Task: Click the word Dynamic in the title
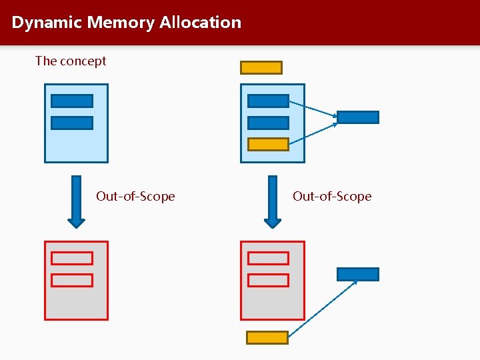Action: click(47, 23)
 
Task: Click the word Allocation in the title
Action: click(200, 23)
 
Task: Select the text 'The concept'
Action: click(71, 61)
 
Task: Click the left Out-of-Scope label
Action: click(135, 196)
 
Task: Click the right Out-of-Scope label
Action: click(332, 196)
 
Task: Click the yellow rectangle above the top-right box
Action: click(261, 67)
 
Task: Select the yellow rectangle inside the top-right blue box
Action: click(268, 144)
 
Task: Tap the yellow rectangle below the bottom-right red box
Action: click(267, 337)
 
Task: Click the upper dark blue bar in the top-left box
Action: click(72, 101)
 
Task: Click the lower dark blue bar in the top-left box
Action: click(72, 123)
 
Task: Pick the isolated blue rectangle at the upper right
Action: click(358, 117)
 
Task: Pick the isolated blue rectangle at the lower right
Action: click(358, 274)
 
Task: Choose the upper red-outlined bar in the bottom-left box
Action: click(72, 259)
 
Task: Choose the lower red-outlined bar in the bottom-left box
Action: click(72, 280)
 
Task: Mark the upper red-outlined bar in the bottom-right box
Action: click(268, 259)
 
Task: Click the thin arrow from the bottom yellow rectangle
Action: click(323, 309)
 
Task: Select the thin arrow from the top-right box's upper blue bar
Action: click(313, 109)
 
